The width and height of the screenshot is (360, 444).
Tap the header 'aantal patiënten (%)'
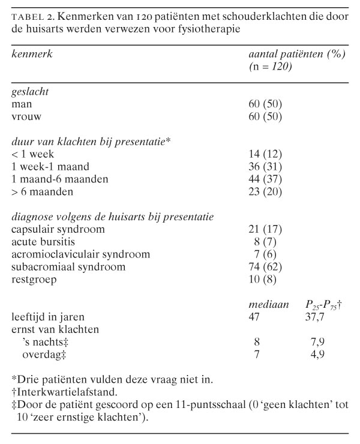coord(298,54)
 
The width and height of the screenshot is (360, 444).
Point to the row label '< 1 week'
coord(33,154)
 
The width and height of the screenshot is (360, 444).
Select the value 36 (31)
coord(265,167)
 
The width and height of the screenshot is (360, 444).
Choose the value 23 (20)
coord(265,192)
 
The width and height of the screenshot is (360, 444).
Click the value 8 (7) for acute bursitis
coord(268,242)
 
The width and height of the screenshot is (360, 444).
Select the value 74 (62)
coord(265,267)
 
